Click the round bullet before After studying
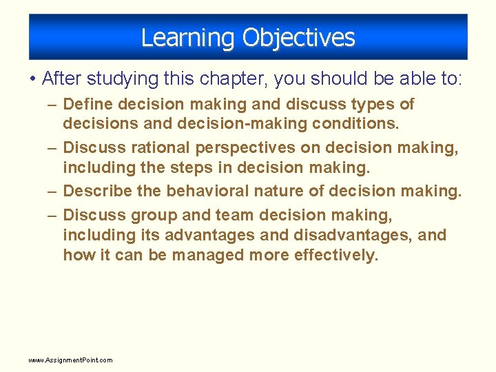[32, 78]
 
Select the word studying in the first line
[123, 79]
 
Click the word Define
[88, 104]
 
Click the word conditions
[355, 123]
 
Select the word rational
[161, 147]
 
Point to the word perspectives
[245, 148]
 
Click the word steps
[192, 168]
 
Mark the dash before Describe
[52, 192]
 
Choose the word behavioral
[207, 191]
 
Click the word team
[234, 215]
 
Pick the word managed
[208, 256]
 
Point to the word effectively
[336, 255]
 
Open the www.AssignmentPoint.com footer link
[70, 360]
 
